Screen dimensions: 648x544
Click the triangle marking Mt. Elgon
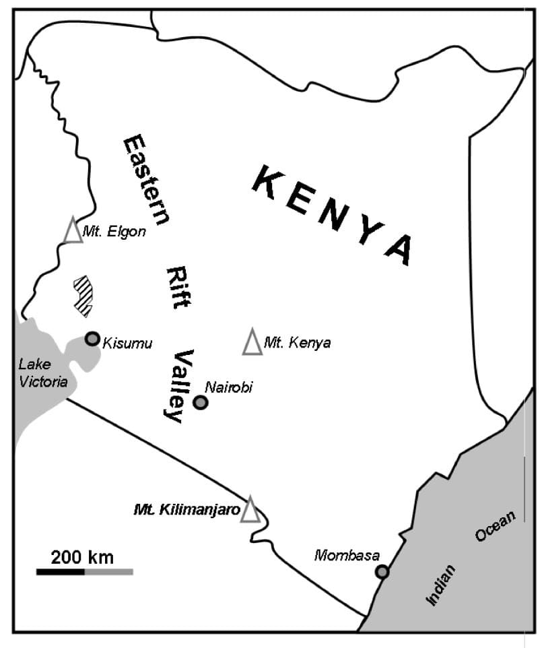(73, 230)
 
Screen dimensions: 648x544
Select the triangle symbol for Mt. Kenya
(252, 343)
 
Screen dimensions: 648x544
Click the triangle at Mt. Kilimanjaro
(250, 510)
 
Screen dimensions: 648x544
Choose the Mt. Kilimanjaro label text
(186, 510)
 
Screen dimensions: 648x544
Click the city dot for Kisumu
(92, 339)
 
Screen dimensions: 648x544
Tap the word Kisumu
(127, 344)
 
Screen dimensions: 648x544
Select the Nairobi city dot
(200, 402)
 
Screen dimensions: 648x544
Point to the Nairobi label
(229, 387)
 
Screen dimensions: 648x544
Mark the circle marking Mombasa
(382, 572)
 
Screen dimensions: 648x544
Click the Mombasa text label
(347, 556)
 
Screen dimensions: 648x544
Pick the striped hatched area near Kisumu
(84, 296)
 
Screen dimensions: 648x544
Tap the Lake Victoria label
(43, 373)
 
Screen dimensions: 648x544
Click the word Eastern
(145, 179)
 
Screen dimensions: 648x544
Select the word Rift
(178, 287)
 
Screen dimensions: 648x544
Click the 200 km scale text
(82, 558)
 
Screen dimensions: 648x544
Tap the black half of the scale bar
(61, 572)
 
